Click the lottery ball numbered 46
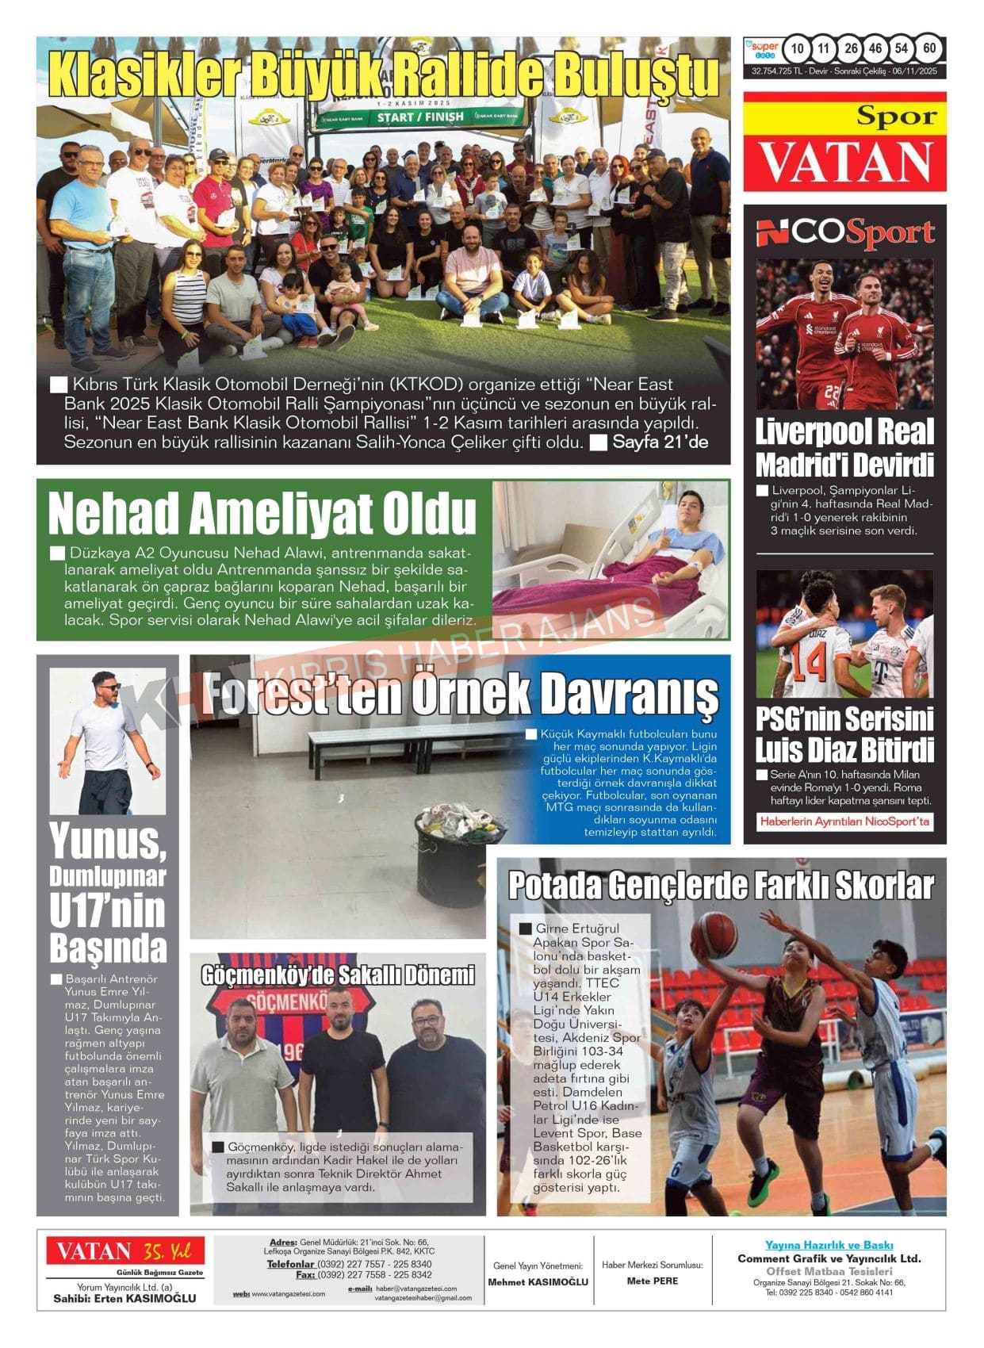click(875, 48)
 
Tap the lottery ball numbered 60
click(929, 48)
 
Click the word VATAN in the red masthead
click(844, 162)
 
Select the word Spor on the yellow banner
click(896, 117)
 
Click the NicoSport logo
click(844, 233)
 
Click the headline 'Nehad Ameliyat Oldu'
click(262, 514)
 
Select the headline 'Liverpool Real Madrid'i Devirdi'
click(844, 448)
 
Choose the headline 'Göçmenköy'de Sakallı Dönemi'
click(338, 975)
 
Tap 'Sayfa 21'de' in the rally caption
click(660, 442)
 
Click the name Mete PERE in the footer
click(652, 1281)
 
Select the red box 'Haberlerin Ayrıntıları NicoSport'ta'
click(844, 821)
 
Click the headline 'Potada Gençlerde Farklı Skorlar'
click(721, 886)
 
